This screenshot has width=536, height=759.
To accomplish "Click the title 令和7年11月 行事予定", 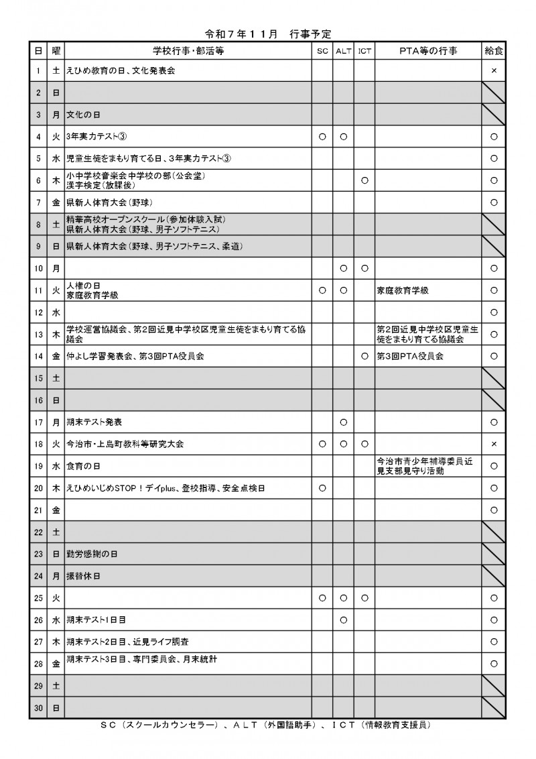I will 268,34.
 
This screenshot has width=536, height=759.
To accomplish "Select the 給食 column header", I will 494,50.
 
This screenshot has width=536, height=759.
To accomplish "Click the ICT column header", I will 364,50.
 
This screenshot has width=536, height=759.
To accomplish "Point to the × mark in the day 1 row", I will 494,70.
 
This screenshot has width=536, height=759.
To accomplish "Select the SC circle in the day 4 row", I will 322,137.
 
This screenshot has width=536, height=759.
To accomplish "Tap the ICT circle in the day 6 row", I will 364,180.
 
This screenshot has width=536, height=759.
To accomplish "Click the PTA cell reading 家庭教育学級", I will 402,290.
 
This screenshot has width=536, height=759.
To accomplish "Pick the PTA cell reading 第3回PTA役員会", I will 410,356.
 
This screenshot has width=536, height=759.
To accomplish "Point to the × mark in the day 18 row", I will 494,444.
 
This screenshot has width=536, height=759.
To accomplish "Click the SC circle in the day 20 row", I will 322,488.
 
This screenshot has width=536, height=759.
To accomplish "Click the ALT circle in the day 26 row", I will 343,620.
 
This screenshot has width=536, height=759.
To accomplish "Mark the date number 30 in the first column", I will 38,707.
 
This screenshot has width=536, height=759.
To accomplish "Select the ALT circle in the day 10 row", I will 343,268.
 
